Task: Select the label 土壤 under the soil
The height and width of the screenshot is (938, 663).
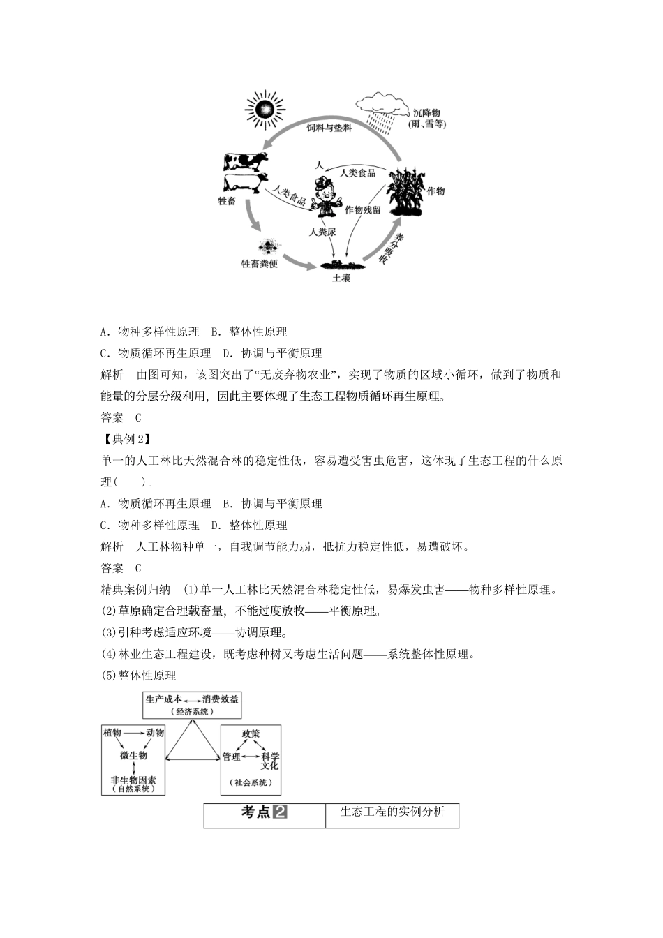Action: [341, 278]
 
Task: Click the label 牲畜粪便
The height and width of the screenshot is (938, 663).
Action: [260, 264]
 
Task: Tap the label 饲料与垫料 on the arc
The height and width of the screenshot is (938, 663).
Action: [329, 128]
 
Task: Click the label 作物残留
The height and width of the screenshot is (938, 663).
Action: [363, 209]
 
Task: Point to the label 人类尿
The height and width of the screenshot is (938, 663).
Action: [322, 231]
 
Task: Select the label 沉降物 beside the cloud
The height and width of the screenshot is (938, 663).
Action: [426, 113]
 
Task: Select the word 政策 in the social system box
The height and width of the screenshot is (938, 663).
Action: [251, 734]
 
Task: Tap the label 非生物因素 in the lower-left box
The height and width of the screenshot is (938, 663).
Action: [133, 780]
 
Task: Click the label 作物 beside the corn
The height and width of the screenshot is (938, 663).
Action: [436, 191]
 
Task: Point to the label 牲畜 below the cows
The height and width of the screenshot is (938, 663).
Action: [227, 201]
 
